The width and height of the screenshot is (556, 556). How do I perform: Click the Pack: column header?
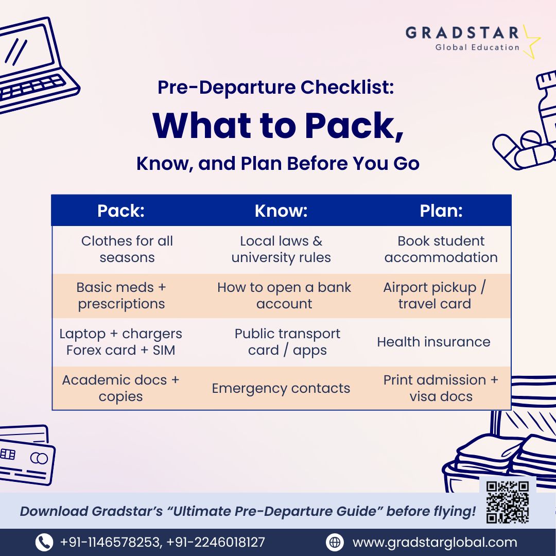120,211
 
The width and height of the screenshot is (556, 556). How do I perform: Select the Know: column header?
281,211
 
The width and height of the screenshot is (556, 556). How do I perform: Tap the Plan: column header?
441,211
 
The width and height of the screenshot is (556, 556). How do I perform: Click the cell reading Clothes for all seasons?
127,249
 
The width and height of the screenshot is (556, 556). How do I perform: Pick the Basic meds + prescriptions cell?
121,296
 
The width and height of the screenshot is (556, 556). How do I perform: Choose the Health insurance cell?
433,342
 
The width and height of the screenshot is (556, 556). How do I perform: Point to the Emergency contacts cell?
281,388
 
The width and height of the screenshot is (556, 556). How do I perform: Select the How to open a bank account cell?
284,296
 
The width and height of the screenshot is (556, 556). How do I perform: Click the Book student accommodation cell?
441,249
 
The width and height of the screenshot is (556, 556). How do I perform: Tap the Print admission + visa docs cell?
441,388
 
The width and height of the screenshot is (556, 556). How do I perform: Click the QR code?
508,502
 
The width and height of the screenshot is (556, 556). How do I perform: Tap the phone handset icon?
44,542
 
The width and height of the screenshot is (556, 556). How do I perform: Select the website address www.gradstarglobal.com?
435,542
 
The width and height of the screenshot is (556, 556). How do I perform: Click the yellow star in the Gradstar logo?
530,41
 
